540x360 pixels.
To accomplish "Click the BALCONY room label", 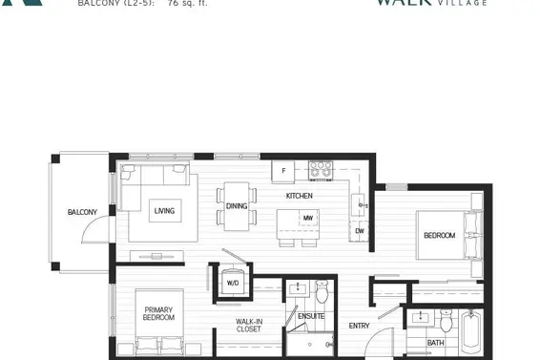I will [81, 212].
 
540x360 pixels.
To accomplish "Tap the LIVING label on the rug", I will [164, 211].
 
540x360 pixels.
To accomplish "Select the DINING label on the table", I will [237, 206].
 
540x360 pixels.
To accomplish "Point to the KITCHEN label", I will [299, 196].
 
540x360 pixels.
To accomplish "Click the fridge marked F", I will [283, 172].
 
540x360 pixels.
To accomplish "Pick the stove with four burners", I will [320, 172].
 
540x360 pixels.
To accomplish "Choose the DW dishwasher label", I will [359, 230].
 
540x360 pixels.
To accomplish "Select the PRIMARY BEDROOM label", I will [158, 314].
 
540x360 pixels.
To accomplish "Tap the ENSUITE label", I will [311, 316].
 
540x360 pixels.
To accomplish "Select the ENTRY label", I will [359, 327].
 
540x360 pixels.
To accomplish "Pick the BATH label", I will [435, 343].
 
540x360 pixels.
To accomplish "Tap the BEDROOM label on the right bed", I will [439, 235].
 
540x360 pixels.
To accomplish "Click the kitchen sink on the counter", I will [359, 202].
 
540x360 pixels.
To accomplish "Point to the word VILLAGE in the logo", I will [463, 4].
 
